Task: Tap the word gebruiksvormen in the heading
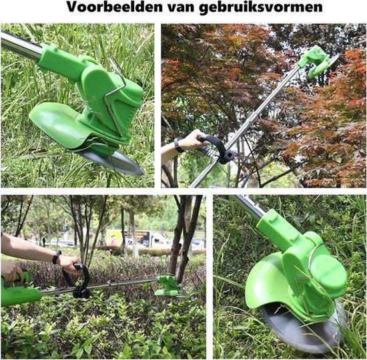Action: coord(266,9)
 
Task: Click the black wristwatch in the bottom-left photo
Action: coord(57,256)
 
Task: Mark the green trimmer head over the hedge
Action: coord(167,286)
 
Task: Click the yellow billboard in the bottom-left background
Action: coord(115,237)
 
